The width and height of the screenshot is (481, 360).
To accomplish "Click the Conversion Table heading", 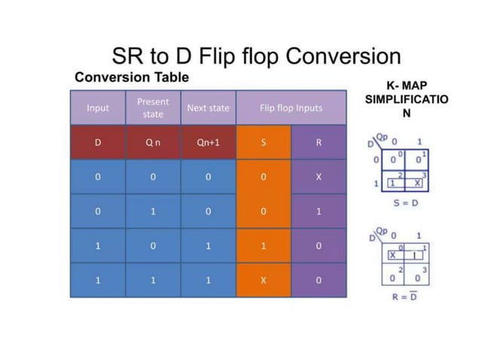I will tap(131, 78).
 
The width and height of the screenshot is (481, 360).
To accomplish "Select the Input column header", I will tap(98, 108).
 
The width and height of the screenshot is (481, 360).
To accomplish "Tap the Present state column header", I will tap(153, 108).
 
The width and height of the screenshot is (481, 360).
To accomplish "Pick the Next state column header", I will tap(208, 108).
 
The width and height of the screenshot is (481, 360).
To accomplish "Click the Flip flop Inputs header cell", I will tap(291, 108).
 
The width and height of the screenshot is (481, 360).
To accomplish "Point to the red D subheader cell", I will tap(98, 142).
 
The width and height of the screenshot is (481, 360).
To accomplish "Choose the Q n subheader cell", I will tap(153, 142).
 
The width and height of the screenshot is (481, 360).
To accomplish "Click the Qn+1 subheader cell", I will tap(208, 142).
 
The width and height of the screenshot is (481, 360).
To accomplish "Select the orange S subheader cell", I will tap(263, 142).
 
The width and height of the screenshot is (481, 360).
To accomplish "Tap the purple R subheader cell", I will tap(319, 142).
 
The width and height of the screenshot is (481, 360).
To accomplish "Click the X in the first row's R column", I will tap(319, 177).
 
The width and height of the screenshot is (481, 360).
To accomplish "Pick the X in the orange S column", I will tap(263, 280).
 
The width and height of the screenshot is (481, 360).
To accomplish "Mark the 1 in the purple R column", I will tap(319, 212).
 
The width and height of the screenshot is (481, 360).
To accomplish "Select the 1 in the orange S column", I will tap(263, 246).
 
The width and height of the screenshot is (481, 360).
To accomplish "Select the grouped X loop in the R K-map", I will tap(400, 255).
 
